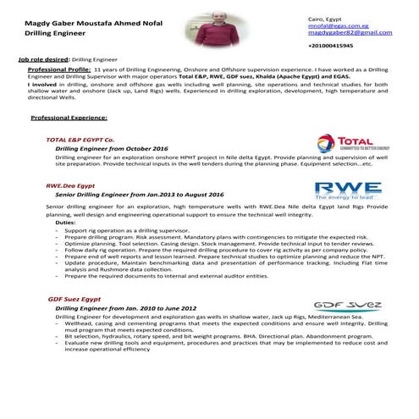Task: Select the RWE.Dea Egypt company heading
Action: click(70, 184)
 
